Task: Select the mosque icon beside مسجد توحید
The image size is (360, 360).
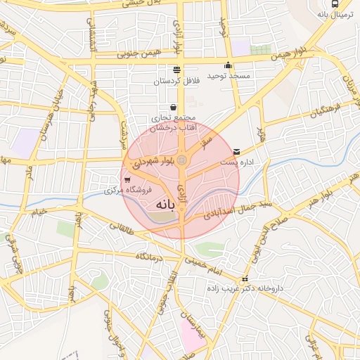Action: [x=247, y=65]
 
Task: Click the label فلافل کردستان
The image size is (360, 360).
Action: [x=177, y=81]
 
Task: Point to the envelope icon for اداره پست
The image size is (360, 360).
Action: [x=236, y=151]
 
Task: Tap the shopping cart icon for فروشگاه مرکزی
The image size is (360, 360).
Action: [x=126, y=180]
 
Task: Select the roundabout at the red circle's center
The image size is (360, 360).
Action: [x=182, y=160]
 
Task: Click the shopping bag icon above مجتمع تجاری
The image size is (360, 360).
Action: [x=173, y=108]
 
